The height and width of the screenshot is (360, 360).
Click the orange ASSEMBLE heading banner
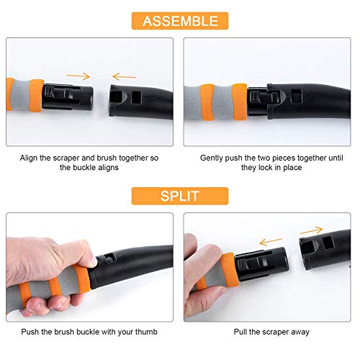pos(180,21)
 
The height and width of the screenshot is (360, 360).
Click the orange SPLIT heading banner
pos(180,196)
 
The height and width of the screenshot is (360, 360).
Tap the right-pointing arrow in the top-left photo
pos(78,76)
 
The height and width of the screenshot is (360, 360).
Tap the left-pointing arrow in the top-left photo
pos(124,77)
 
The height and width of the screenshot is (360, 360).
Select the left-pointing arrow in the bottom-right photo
pos(271,241)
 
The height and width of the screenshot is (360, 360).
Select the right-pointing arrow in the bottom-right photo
pos(311,230)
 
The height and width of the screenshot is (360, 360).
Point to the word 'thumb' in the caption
pos(146,332)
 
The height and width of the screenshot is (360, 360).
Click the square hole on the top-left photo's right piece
pos(137,97)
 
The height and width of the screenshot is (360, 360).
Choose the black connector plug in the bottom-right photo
pos(261,264)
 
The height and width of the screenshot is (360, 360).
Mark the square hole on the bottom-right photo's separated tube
pos(328,243)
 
